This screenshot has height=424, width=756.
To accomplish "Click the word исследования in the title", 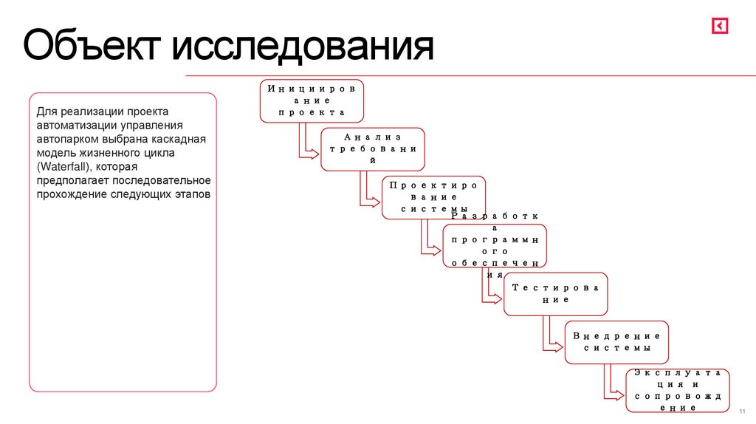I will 303,46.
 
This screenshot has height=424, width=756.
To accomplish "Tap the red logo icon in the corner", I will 720,26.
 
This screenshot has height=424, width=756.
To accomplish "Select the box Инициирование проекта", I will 312,100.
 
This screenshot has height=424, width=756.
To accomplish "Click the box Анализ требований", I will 373,149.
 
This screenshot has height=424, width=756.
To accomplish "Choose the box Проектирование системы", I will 434,197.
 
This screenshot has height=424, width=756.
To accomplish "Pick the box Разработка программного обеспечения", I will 495,246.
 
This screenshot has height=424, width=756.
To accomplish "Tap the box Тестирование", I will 556,294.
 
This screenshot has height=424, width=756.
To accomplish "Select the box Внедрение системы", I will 616,342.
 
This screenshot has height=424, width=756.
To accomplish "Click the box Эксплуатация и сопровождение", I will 677,391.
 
